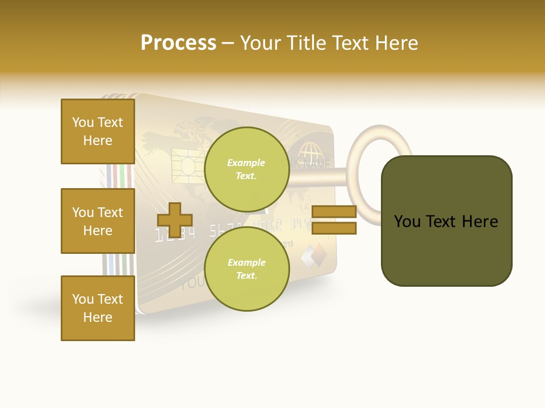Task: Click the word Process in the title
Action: [178, 43]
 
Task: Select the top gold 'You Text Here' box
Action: [98, 131]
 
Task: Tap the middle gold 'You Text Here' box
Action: [98, 221]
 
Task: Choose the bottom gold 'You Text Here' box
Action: [98, 308]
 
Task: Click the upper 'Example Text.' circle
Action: [246, 169]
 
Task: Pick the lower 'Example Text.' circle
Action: [246, 269]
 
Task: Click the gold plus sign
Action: [174, 220]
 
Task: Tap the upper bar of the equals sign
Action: [334, 212]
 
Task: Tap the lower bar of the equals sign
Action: [334, 228]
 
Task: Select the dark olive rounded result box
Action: [446, 221]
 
